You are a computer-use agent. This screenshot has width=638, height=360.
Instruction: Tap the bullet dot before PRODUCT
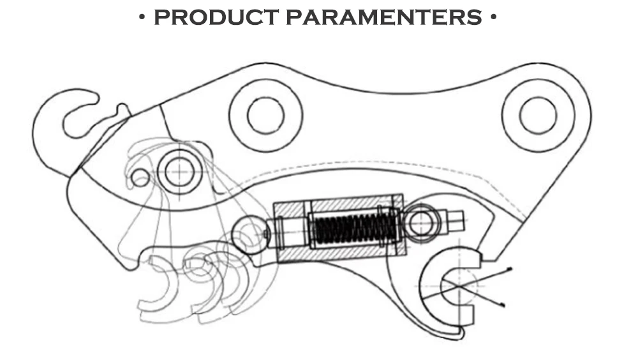[x=142, y=17]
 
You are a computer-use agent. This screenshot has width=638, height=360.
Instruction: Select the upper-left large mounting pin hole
[x=265, y=116]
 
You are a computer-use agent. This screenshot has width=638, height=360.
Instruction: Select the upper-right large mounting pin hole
[x=538, y=116]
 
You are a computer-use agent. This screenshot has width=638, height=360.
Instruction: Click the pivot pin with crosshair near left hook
[x=181, y=170]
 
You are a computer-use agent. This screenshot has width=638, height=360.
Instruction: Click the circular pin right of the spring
[x=421, y=223]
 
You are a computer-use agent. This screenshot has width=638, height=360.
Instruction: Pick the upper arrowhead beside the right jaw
[x=510, y=269]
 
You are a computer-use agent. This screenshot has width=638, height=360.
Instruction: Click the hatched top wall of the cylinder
[x=338, y=204]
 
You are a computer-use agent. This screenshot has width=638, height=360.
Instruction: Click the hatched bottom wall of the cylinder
[x=338, y=253]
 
